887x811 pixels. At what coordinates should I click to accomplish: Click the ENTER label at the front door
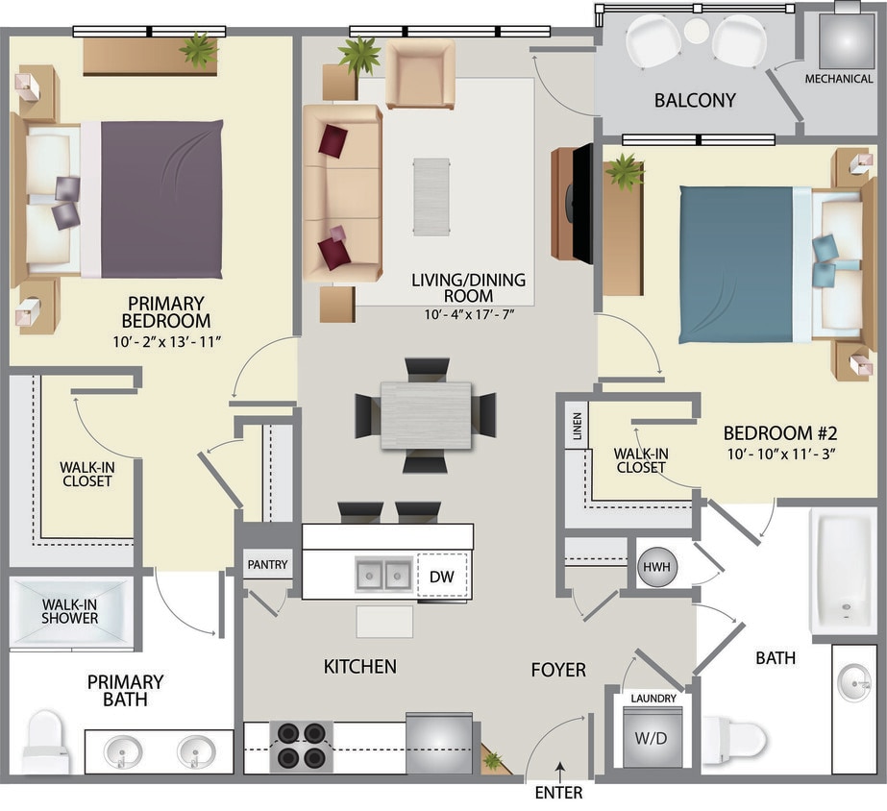(558, 794)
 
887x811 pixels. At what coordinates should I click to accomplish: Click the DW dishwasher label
(441, 577)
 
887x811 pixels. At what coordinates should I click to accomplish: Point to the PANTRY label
(267, 565)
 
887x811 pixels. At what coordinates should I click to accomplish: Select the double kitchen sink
(384, 576)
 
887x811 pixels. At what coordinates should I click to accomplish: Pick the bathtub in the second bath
(843, 571)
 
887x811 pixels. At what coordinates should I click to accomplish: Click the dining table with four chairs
(426, 415)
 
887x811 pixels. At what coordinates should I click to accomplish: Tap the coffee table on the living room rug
(431, 196)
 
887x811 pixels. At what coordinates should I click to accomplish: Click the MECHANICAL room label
(839, 79)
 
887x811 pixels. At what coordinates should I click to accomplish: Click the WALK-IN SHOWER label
(69, 612)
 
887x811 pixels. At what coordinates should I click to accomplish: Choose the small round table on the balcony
(697, 31)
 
